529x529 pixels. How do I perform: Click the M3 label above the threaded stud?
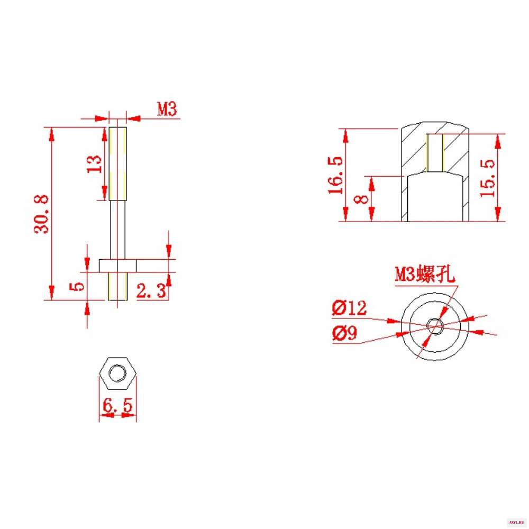point(167,108)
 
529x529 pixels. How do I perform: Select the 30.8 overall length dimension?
point(41,214)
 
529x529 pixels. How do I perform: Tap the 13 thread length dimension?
point(94,164)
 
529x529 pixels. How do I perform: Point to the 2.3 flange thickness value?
point(151,290)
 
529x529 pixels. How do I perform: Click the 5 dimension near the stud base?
point(77,286)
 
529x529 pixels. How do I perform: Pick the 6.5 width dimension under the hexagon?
point(118,405)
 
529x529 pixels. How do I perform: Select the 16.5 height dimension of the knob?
point(336,176)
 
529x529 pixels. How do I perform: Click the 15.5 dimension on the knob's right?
point(488,178)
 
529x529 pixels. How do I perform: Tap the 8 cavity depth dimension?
point(361,199)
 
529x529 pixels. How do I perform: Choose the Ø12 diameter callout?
point(349,308)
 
